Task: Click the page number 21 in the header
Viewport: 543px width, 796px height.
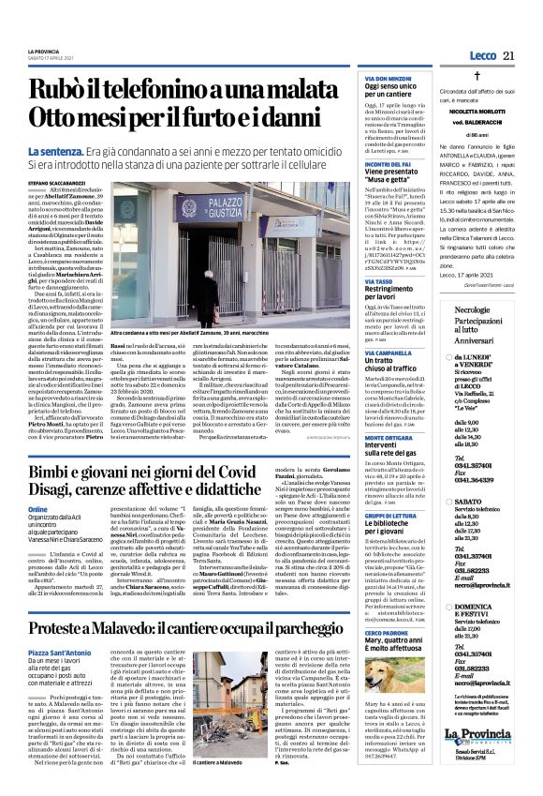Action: click(x=509, y=56)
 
